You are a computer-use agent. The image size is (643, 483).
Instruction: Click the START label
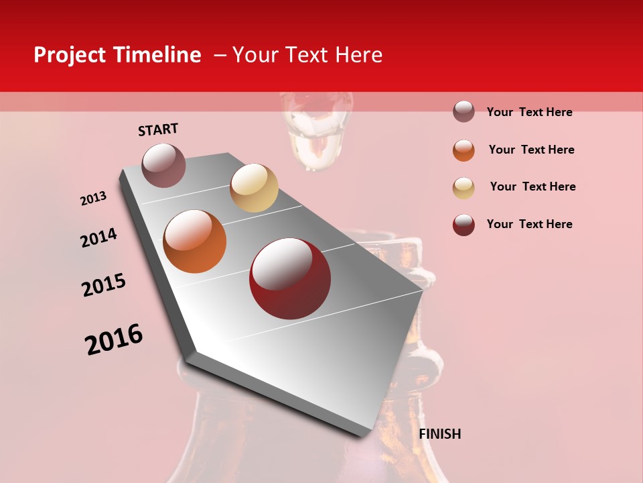pos(158,129)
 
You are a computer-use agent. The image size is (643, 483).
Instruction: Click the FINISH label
pos(439,434)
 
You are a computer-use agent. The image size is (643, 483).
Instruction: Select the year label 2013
pos(94,199)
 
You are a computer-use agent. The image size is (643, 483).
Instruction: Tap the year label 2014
pos(98,238)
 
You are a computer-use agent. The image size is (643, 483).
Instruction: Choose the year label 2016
pos(114,339)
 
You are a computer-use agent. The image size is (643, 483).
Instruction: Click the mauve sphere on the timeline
pos(163,165)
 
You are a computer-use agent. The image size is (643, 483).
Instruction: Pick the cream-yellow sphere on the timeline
pos(254,188)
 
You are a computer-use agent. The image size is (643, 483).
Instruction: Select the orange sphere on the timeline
pos(195,241)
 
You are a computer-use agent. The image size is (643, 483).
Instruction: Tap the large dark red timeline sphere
pos(290,278)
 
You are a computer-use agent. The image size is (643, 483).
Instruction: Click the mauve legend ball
pos(463,111)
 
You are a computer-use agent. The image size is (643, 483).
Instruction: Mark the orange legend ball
pos(463,150)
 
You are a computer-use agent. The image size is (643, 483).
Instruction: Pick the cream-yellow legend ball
pos(463,188)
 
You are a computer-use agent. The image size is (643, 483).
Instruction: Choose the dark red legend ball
pos(463,225)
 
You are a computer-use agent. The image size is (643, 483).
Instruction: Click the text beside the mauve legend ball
pos(529,112)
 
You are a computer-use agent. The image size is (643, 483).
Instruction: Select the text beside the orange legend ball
pos(531,150)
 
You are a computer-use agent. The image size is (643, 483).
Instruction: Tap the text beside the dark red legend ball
pos(529,224)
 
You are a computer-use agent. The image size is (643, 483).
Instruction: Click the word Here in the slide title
pos(358,55)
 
